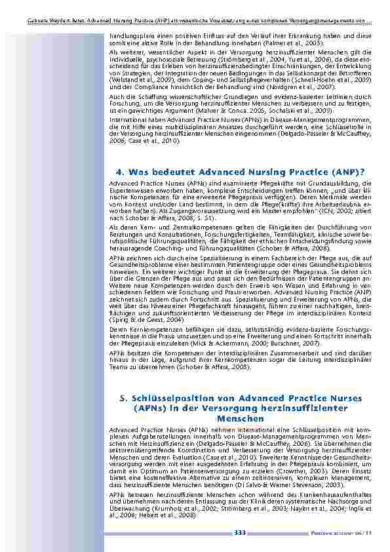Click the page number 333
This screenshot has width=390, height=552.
(240, 534)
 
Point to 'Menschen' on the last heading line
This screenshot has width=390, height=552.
(240, 418)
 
